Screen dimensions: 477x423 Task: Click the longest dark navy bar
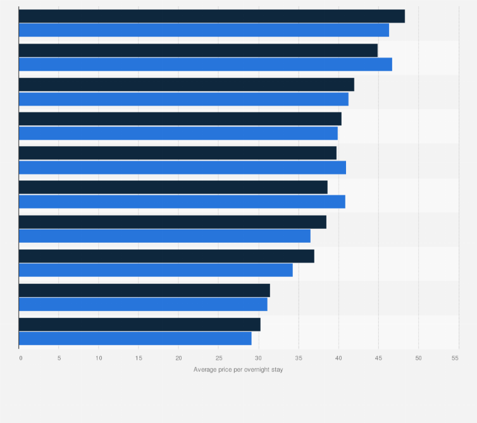click(212, 16)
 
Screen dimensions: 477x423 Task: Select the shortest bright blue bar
click(135, 338)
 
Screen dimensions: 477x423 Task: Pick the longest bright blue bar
click(206, 64)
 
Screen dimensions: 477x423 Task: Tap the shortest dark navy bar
click(140, 324)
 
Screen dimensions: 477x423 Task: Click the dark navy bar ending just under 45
click(198, 50)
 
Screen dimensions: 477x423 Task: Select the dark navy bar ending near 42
click(187, 84)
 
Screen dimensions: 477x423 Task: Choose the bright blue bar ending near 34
click(156, 270)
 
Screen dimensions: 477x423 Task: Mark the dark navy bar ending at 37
click(166, 256)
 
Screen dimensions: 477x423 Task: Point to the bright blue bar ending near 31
click(143, 304)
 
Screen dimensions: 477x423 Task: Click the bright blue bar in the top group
click(204, 30)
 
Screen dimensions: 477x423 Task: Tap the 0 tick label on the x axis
click(21, 359)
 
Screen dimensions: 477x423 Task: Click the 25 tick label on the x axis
click(219, 359)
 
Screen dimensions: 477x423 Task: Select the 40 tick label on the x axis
click(338, 359)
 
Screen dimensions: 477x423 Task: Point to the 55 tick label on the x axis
click(455, 359)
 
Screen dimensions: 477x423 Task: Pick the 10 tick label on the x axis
click(99, 359)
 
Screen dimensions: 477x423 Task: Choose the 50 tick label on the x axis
click(419, 359)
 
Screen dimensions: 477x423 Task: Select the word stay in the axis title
click(277, 370)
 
